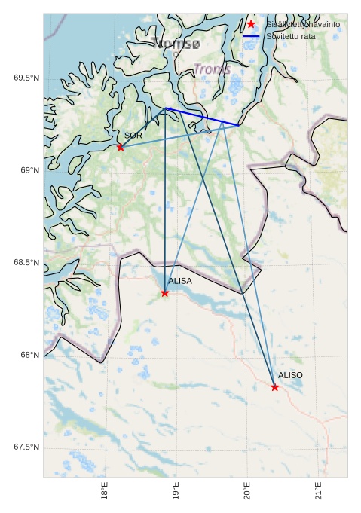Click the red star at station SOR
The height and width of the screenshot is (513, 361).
coord(121,147)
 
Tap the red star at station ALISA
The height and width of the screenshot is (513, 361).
coord(165,293)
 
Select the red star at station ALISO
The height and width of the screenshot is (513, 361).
coord(274,387)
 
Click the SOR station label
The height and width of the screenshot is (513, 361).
coord(133,136)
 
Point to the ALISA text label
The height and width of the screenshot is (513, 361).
coord(180,281)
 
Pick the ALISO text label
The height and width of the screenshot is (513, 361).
coord(290,375)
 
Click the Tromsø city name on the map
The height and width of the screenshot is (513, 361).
coord(176,44)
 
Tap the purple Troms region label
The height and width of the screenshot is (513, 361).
coord(212,69)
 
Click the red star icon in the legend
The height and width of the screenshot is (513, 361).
coord(251,24)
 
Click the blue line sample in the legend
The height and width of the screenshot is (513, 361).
coord(251,36)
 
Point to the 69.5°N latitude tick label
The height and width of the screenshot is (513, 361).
coord(26,78)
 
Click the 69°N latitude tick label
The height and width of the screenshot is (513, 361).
coord(29,171)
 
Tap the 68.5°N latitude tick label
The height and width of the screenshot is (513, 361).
coord(26,263)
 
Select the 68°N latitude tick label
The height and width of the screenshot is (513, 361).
coord(29,356)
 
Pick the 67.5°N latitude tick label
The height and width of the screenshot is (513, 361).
coord(26,447)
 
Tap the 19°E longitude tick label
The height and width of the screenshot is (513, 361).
coord(176,490)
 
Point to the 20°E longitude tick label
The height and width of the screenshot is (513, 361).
coord(247,490)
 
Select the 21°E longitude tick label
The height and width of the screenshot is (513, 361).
coord(318,490)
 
